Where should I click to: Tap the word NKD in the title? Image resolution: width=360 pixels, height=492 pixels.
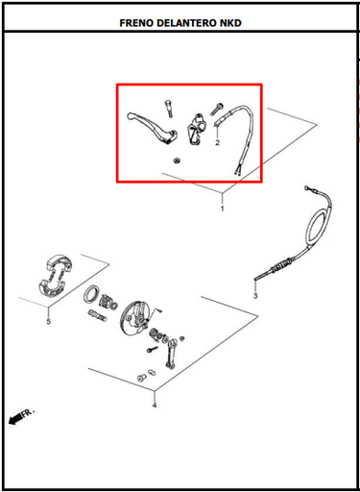pyautogui.click(x=230, y=23)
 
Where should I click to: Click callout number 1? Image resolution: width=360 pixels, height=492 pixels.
pyautogui.click(x=223, y=209)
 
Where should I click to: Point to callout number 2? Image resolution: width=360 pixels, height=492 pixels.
pyautogui.click(x=218, y=142)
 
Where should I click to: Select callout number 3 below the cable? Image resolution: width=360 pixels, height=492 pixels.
pyautogui.click(x=255, y=296)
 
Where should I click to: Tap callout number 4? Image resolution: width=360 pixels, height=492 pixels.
pyautogui.click(x=155, y=406)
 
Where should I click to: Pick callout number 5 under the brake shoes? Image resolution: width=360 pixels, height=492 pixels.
pyautogui.click(x=49, y=321)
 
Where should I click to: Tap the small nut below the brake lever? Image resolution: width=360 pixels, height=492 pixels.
pyautogui.click(x=176, y=160)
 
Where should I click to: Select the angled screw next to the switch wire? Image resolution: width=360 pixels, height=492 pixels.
pyautogui.click(x=217, y=109)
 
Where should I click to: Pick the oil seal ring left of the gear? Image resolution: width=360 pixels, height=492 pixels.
pyautogui.click(x=92, y=294)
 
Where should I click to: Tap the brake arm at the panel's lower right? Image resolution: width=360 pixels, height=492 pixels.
pyautogui.click(x=171, y=353)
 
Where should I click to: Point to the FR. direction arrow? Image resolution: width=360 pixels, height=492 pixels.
pyautogui.click(x=21, y=416)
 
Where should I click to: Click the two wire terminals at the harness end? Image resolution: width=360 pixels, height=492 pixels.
pyautogui.click(x=238, y=172)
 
